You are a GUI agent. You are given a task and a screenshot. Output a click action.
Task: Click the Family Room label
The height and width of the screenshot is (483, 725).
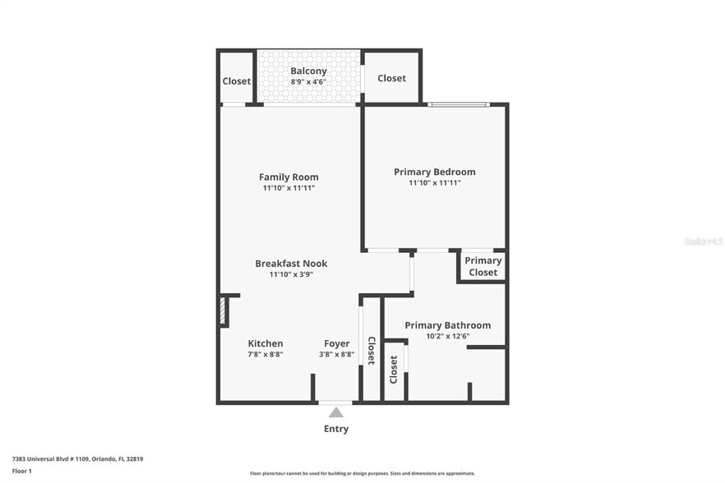(289, 177)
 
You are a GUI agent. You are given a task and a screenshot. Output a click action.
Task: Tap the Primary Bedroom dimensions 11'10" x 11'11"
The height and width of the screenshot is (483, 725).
(434, 183)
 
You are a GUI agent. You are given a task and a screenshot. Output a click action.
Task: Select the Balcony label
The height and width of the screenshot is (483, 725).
(308, 71)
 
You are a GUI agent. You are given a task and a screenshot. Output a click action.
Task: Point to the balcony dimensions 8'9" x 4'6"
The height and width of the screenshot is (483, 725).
(308, 82)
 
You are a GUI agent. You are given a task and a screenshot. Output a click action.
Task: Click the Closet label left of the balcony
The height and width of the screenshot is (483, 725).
(236, 81)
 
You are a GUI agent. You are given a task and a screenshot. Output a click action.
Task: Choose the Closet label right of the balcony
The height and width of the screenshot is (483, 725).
(391, 78)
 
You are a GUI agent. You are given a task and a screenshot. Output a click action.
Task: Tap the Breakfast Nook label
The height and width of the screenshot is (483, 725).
(291, 264)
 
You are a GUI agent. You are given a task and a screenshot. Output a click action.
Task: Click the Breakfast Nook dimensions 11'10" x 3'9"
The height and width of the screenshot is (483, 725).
(291, 274)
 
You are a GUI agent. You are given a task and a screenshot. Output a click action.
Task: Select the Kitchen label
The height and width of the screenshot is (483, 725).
(266, 343)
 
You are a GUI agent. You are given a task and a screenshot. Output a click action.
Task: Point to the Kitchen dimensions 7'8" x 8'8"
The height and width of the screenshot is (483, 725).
(266, 354)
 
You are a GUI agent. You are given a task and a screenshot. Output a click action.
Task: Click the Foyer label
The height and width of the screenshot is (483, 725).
(336, 343)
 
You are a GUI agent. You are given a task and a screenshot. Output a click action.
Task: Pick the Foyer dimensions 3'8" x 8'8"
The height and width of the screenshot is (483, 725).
(336, 354)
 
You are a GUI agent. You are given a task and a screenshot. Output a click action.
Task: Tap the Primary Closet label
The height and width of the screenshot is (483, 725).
(483, 266)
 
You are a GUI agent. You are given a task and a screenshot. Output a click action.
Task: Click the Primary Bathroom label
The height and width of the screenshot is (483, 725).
(447, 325)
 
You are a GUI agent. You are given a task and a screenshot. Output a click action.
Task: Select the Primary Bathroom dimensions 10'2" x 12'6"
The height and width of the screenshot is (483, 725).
(447, 336)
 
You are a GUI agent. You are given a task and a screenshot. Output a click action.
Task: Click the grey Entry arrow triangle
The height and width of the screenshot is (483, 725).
(336, 412)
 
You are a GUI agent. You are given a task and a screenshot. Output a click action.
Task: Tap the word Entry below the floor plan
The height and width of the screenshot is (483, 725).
(336, 429)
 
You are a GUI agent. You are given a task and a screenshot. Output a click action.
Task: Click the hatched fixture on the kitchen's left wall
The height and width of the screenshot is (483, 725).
(223, 310)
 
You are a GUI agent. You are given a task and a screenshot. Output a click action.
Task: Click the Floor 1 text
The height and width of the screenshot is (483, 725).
(21, 471)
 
